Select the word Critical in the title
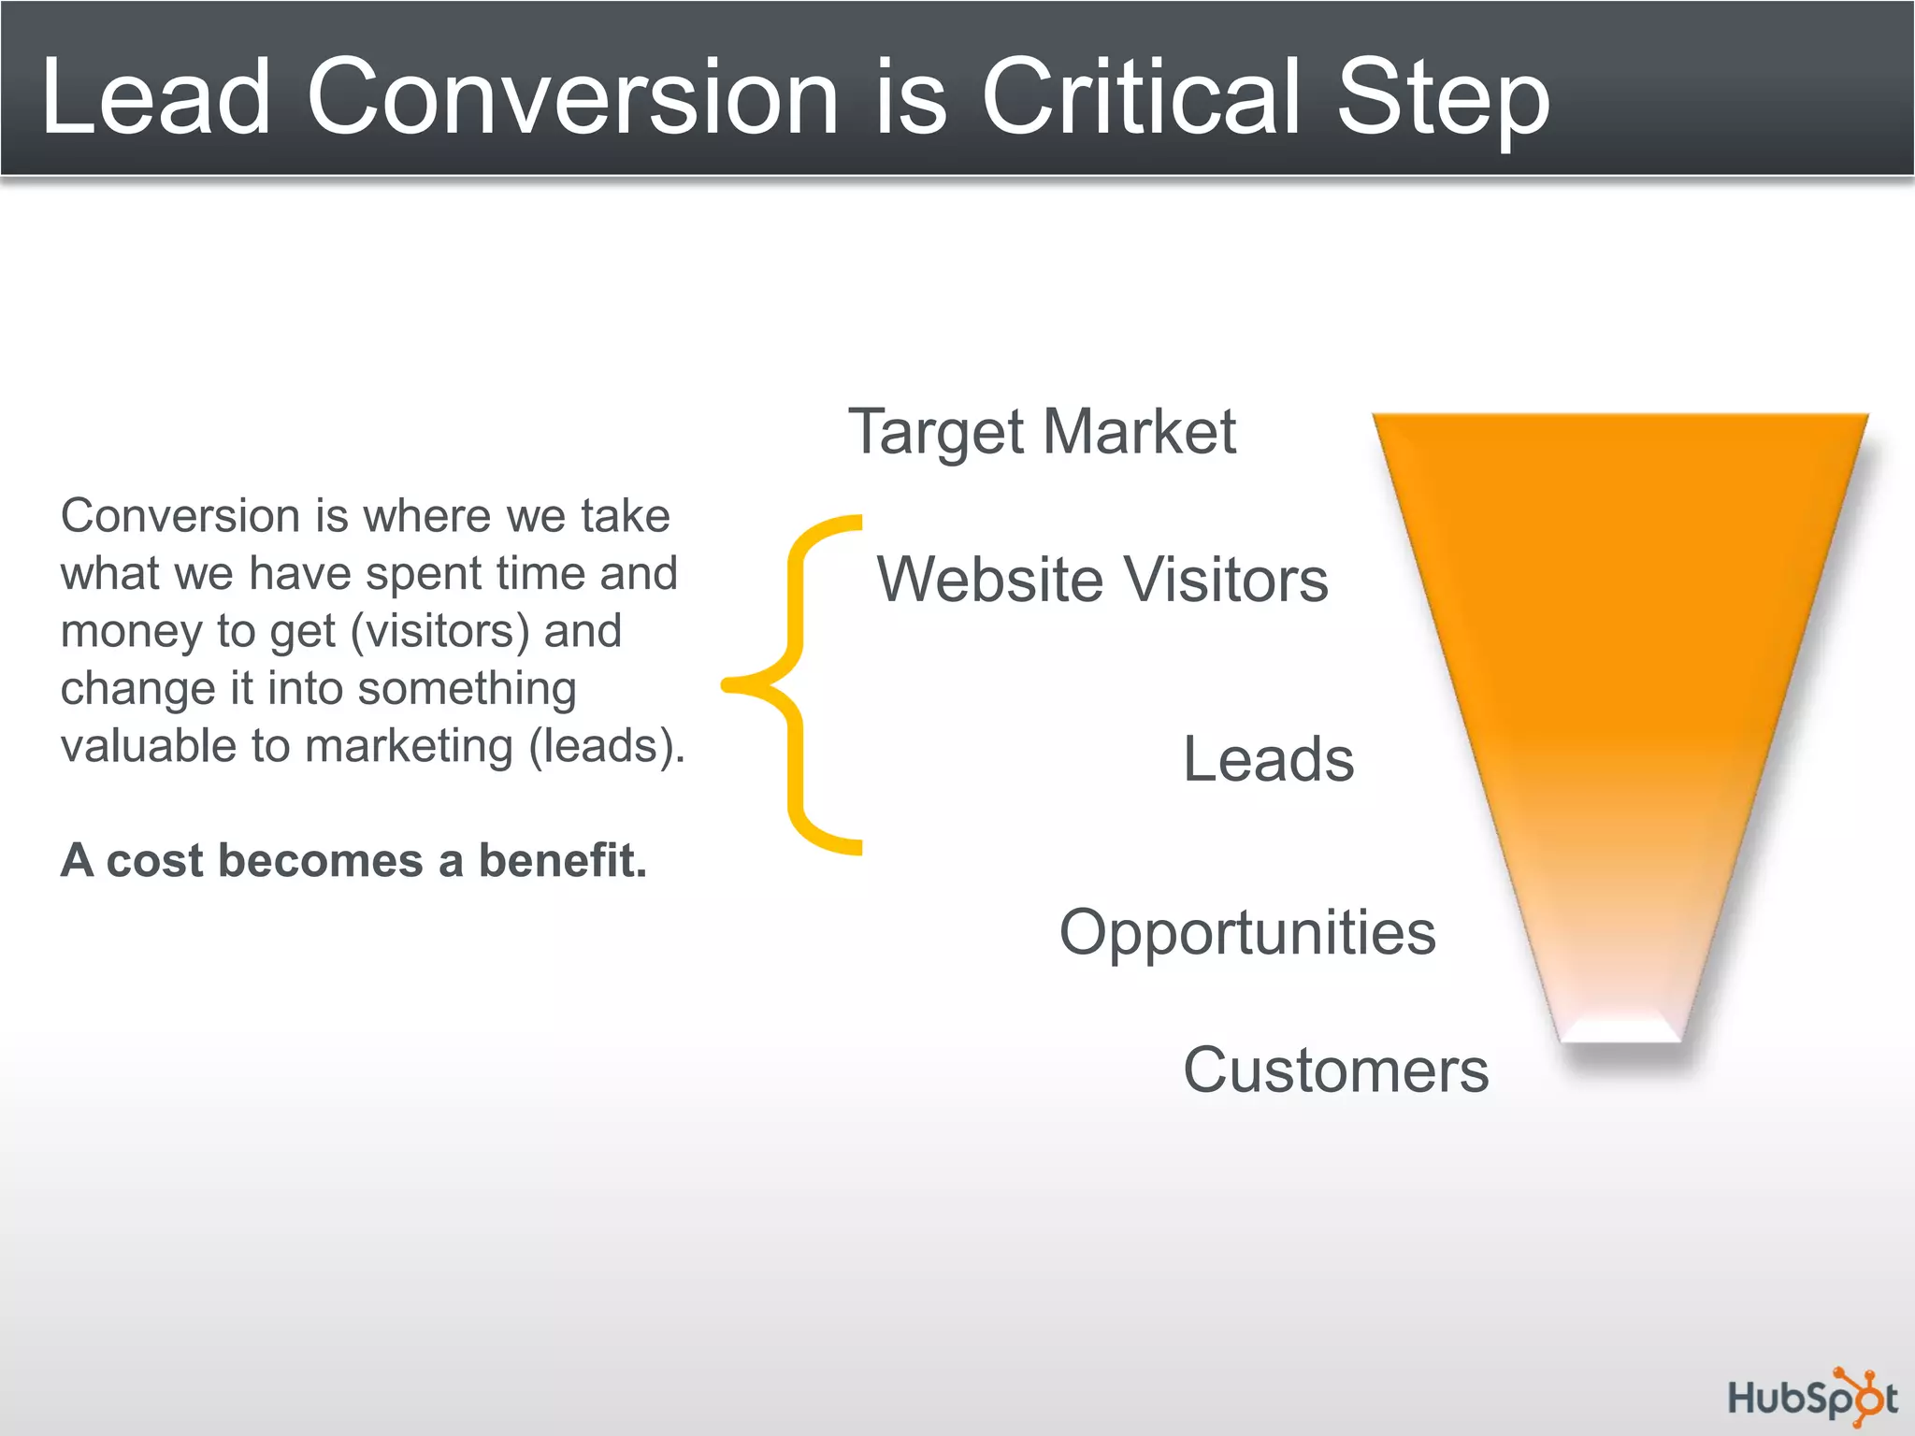coord(1141,97)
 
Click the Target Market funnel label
coord(1042,433)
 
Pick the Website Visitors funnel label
coord(1102,580)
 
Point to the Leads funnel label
coord(1268,759)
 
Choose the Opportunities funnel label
coord(1247,933)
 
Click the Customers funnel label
coord(1335,1070)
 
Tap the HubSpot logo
coord(1811,1398)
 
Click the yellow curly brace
coord(795,684)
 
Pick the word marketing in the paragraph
coord(409,747)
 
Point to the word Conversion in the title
coord(572,97)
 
